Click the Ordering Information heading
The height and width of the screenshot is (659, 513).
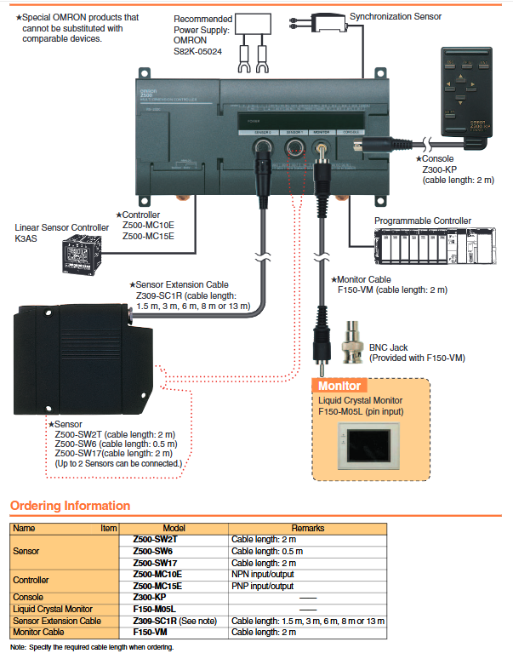coord(70,507)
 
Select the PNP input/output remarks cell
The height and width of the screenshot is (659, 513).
coord(265,586)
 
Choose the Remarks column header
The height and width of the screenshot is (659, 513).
coord(307,528)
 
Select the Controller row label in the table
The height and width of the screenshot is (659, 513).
coord(34,580)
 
